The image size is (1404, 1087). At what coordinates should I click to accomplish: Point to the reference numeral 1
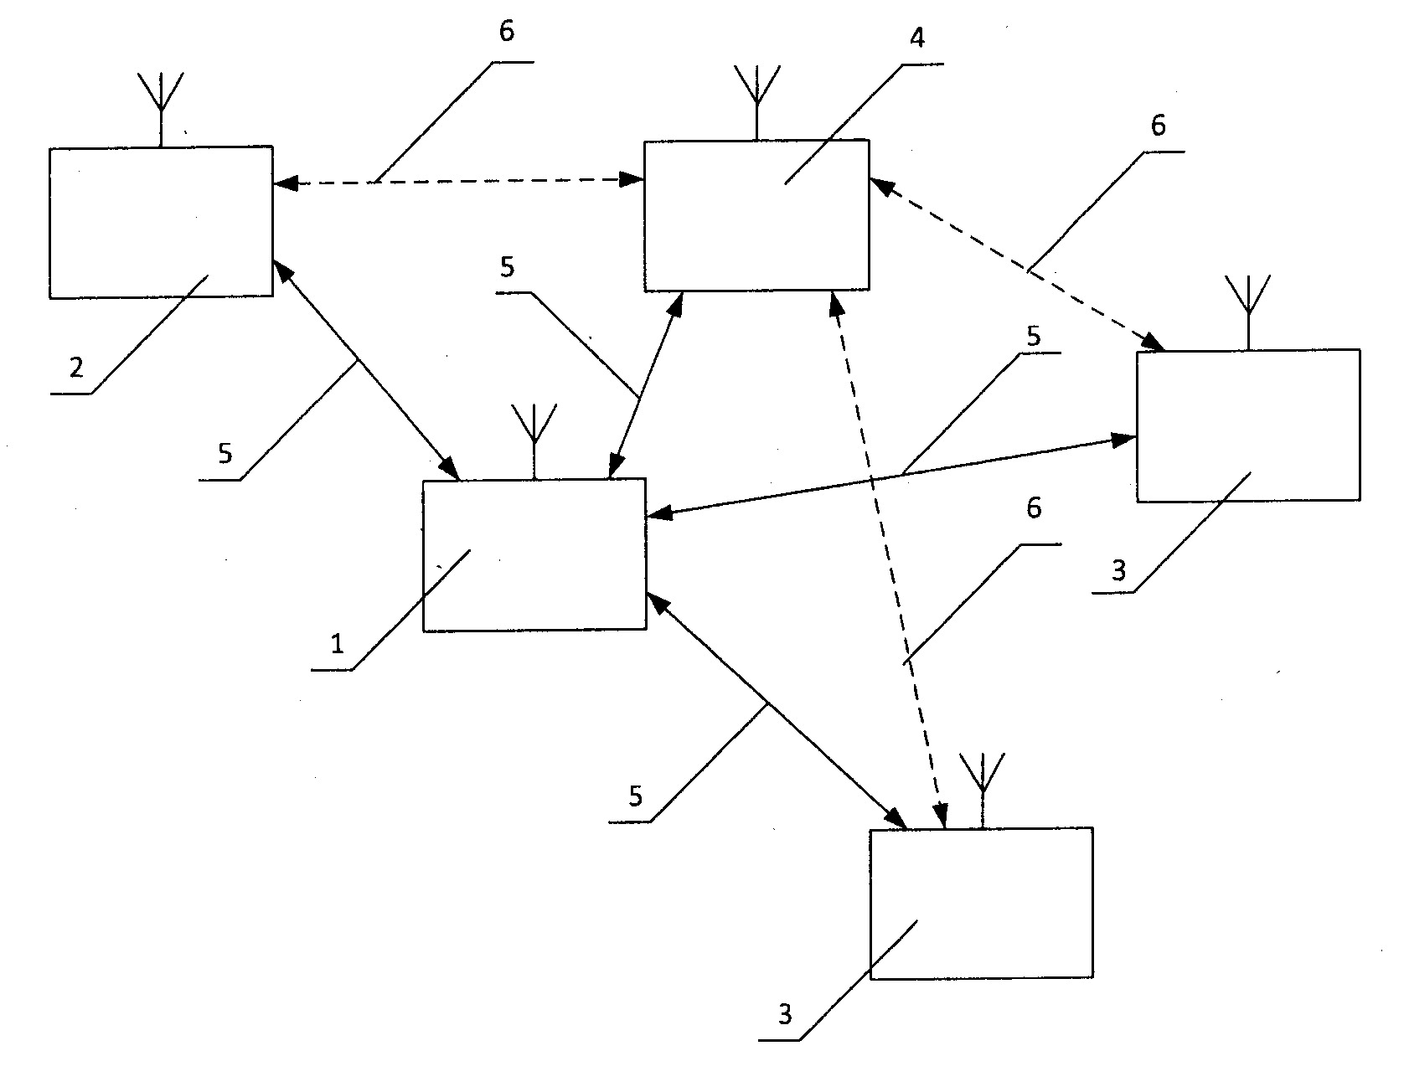pyautogui.click(x=337, y=644)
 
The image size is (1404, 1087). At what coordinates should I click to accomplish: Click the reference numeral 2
pyautogui.click(x=76, y=368)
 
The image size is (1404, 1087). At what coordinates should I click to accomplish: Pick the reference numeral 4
pyautogui.click(x=917, y=39)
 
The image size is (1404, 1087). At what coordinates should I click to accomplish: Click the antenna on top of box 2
pyautogui.click(x=160, y=110)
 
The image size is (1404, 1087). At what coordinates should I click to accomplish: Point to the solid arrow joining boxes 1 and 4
pyautogui.click(x=645, y=385)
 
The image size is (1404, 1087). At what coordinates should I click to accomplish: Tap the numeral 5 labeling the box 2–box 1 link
pyautogui.click(x=225, y=453)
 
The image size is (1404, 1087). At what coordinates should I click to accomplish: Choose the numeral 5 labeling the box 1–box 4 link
pyautogui.click(x=507, y=268)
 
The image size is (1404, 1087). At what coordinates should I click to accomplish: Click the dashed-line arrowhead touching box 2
pyautogui.click(x=285, y=182)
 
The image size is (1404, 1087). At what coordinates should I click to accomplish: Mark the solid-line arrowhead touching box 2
pyautogui.click(x=282, y=269)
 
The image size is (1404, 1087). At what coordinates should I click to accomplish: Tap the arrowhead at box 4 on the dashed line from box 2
pyautogui.click(x=632, y=178)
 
